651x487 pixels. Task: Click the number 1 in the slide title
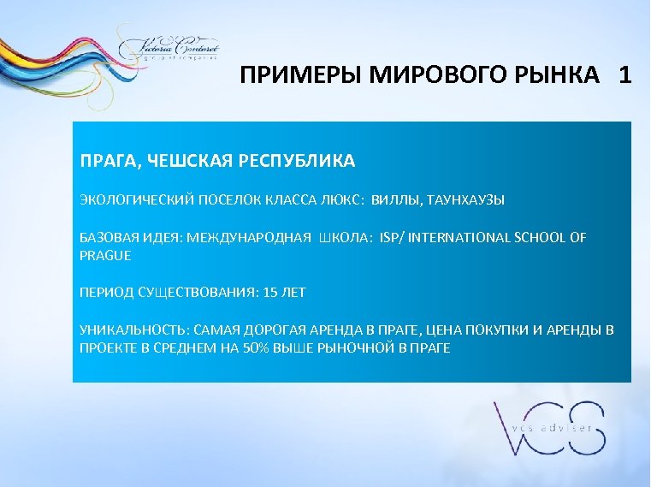click(x=625, y=75)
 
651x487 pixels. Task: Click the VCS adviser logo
click(x=548, y=428)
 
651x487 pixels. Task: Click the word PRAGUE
click(x=105, y=255)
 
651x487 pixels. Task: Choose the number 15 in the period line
click(x=271, y=292)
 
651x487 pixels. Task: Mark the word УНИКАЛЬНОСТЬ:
click(x=134, y=330)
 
